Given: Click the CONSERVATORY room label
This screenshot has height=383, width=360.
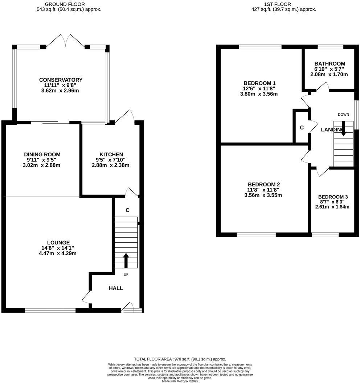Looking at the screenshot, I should click(x=61, y=80).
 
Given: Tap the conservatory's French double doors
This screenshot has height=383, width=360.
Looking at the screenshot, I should click(x=65, y=41).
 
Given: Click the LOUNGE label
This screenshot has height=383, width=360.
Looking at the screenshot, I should click(x=58, y=243).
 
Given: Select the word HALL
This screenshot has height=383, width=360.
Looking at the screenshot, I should click(x=116, y=288).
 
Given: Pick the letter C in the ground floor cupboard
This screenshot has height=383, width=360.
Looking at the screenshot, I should click(x=127, y=210).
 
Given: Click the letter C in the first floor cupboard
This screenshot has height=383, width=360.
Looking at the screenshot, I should click(x=302, y=128).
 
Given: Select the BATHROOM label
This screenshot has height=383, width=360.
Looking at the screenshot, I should click(x=330, y=63).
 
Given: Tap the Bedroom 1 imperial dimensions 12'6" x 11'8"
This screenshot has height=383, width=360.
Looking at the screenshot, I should click(x=260, y=88).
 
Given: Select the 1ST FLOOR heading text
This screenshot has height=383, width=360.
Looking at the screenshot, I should click(x=284, y=4).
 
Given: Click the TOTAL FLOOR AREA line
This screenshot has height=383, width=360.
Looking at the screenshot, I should click(x=180, y=359).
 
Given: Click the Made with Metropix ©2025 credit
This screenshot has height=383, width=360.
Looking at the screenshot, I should click(x=180, y=381).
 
